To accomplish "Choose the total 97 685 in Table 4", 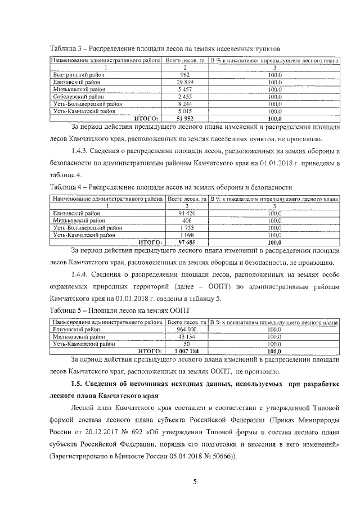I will [186, 242].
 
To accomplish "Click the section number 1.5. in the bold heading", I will [78, 384].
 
